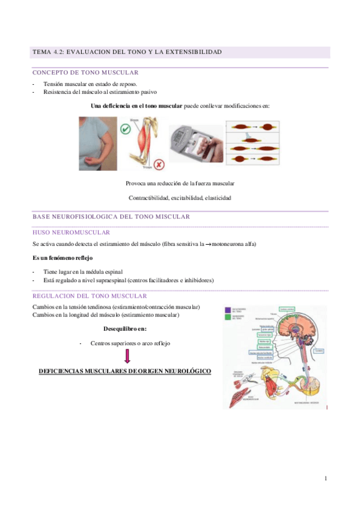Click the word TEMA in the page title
[x=41, y=52]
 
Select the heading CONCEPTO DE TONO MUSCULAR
[x=85, y=72]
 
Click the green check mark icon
[x=126, y=129]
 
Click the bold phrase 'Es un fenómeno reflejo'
[x=63, y=257]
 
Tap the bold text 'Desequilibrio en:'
[x=125, y=329]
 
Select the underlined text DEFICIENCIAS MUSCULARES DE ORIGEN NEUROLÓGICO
[x=124, y=372]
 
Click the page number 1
[x=325, y=478]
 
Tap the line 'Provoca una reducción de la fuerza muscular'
[x=180, y=183]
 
